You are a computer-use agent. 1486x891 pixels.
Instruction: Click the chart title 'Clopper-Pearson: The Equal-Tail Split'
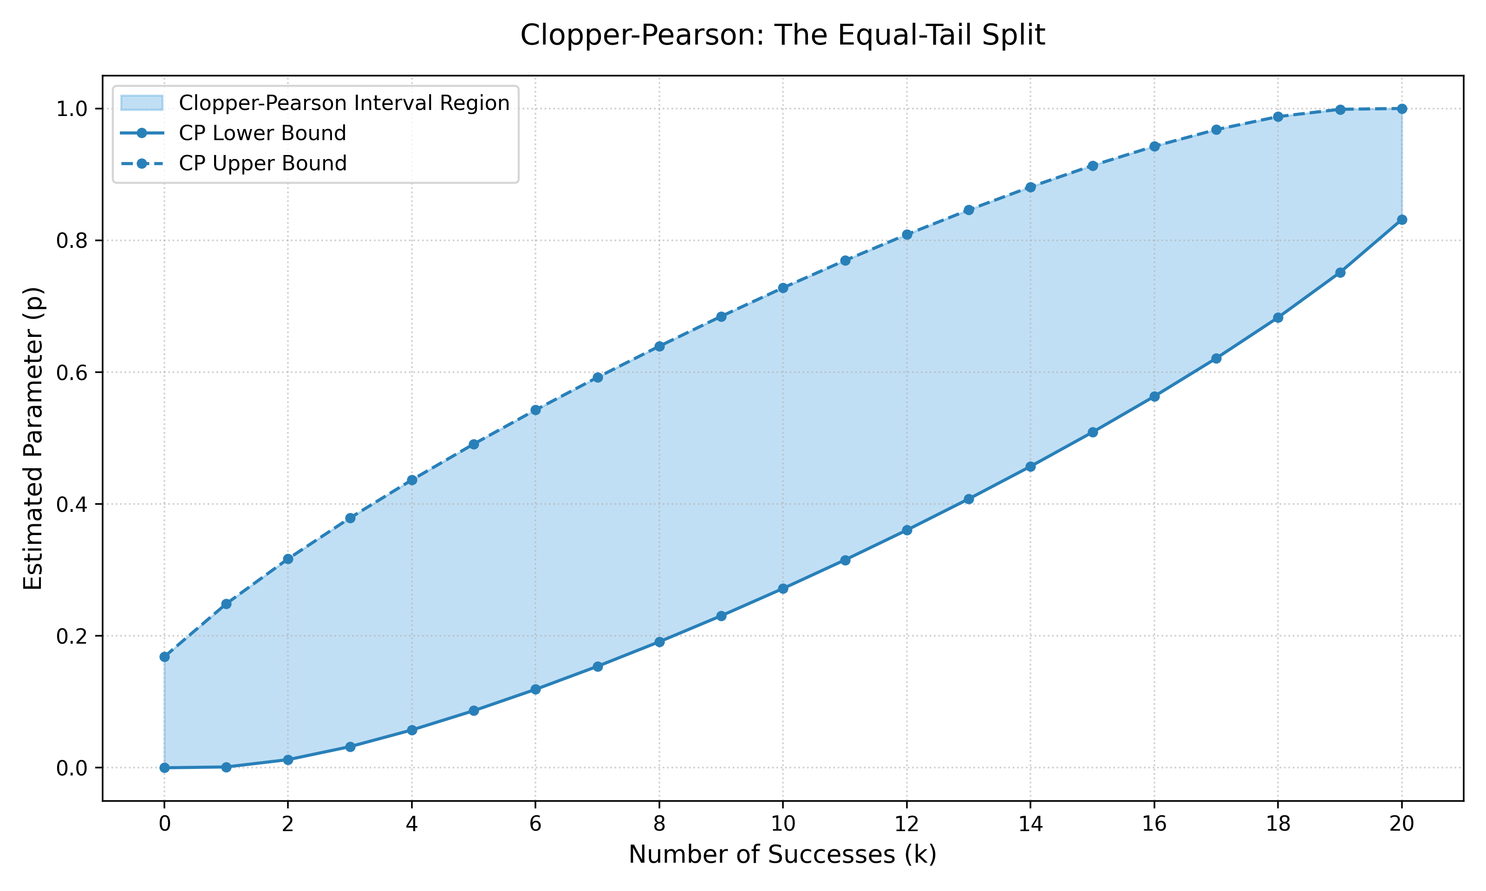[782, 35]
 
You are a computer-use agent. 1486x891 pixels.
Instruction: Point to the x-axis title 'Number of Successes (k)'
[782, 854]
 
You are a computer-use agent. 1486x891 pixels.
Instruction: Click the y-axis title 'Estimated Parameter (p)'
[33, 438]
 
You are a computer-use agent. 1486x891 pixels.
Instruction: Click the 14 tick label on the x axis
[1030, 824]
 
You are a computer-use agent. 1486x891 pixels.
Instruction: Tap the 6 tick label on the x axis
[535, 824]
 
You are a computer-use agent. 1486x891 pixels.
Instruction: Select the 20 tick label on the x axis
[1401, 824]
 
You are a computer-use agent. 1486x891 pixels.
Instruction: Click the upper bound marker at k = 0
[164, 657]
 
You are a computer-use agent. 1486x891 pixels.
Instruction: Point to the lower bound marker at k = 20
[1401, 220]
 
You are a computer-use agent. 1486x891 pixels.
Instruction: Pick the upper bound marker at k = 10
[782, 288]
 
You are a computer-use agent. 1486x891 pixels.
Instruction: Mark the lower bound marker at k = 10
[782, 589]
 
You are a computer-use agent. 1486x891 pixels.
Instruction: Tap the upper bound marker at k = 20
[1401, 109]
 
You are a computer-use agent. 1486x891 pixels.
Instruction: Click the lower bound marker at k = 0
[164, 768]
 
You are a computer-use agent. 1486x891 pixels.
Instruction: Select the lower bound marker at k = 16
[1154, 397]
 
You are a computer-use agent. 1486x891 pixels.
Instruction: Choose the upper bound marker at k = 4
[411, 480]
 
